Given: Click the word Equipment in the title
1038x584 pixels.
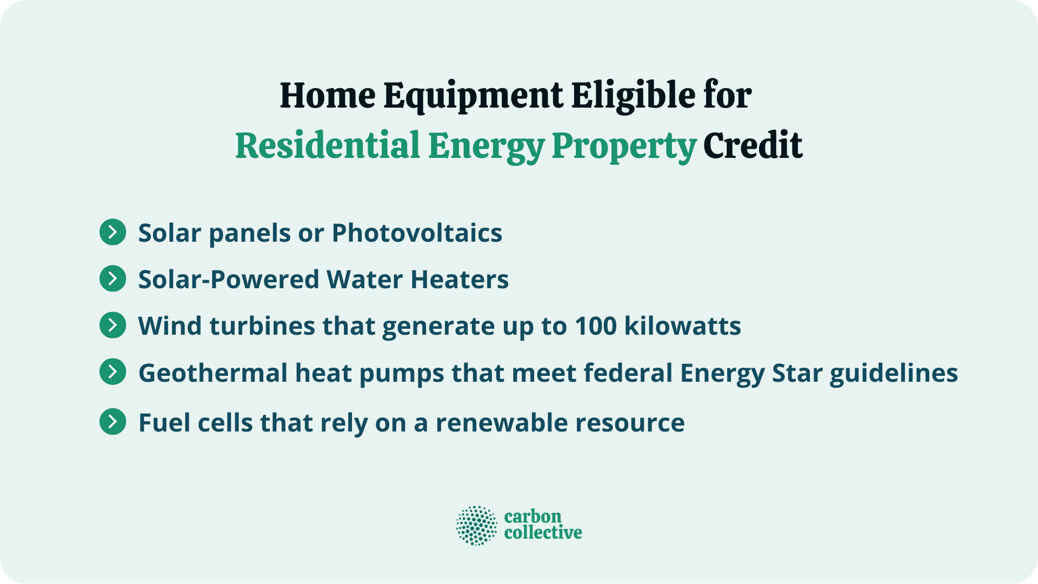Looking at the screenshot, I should [x=473, y=96].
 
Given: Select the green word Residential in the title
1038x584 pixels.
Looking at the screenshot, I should [x=328, y=145].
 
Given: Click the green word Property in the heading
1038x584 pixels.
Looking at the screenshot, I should [x=624, y=147].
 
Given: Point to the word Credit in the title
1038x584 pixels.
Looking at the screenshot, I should [x=753, y=145].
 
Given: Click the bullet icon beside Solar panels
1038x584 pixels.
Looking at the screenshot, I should [x=113, y=233].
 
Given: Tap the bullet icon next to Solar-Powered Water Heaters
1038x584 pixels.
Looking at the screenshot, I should [x=113, y=279].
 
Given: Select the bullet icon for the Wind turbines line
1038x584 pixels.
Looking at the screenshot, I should [x=113, y=326].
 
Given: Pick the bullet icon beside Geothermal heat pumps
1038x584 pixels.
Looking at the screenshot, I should [x=113, y=372].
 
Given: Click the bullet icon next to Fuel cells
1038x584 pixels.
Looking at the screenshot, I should [x=113, y=422].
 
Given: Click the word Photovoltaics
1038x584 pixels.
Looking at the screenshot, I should [x=417, y=233].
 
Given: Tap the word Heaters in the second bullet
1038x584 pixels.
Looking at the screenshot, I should [x=460, y=280].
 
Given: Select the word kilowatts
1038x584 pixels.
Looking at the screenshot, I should [x=683, y=326].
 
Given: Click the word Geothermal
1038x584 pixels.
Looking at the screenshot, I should [x=213, y=373].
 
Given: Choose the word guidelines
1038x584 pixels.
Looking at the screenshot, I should [x=894, y=373].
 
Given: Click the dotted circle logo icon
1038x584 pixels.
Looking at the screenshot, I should [x=476, y=525].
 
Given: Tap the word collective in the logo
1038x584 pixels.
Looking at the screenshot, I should [x=543, y=533].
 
